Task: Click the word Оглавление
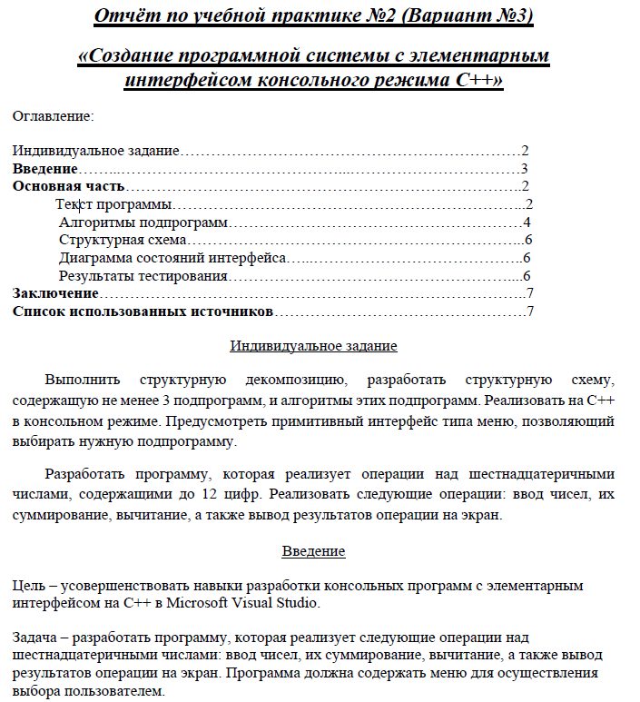(x=53, y=116)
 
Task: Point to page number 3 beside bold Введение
(x=525, y=169)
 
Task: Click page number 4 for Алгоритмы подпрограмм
(x=527, y=222)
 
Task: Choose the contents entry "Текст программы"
(x=113, y=204)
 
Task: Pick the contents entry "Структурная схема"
(x=123, y=241)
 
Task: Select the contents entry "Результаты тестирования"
(x=143, y=276)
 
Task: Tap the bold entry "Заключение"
(x=54, y=293)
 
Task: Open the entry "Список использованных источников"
(x=143, y=311)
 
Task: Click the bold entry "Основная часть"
(x=68, y=187)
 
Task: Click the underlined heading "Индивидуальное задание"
(x=313, y=346)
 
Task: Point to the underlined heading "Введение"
(x=313, y=551)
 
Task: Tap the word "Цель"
(x=27, y=586)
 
